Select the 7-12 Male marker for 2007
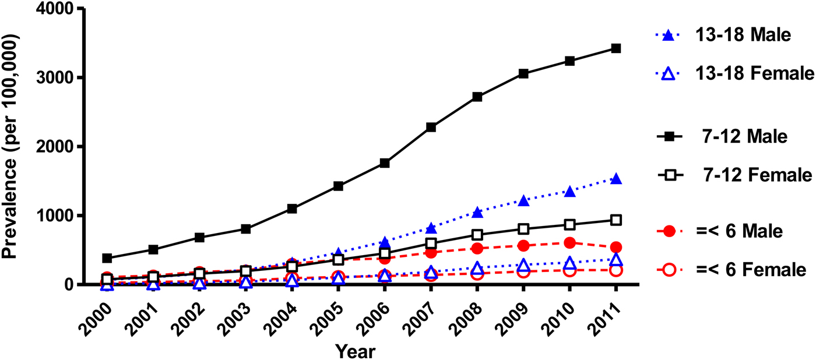(x=431, y=127)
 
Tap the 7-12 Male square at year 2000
(x=106, y=258)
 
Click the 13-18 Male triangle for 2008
(x=477, y=212)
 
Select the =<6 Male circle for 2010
(x=569, y=243)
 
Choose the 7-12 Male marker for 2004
(x=292, y=209)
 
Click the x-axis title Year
(x=354, y=351)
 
